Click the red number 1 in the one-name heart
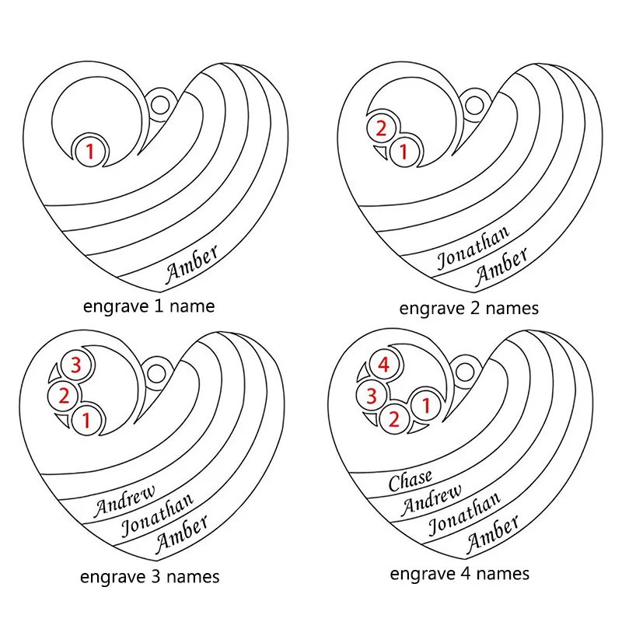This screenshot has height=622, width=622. point(90,151)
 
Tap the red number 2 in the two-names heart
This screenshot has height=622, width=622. point(381,128)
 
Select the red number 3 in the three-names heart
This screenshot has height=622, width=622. point(75,365)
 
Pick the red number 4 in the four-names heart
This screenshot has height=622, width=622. point(383,365)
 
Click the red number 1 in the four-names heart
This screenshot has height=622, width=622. point(426,405)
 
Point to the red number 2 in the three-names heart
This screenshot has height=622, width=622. point(64,396)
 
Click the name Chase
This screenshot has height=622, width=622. point(411,480)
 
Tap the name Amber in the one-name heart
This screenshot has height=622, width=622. point(191,264)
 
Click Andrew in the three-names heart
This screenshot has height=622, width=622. point(124,501)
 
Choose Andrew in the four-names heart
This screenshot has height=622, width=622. point(432,500)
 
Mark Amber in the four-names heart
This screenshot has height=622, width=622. point(493,533)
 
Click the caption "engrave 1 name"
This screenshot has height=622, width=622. point(149,306)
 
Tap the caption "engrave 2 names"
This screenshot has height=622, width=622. point(469,308)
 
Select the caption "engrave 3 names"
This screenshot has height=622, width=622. point(149,577)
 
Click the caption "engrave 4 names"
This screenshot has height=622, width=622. point(460,574)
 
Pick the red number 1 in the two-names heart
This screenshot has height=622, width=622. point(404,151)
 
